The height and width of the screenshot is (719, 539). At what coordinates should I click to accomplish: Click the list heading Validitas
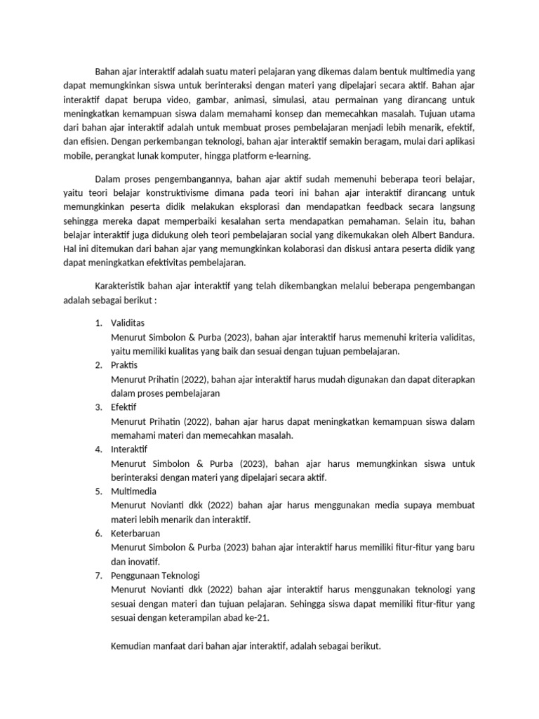tap(128, 323)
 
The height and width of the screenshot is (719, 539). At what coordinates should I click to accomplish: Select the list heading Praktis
tap(124, 365)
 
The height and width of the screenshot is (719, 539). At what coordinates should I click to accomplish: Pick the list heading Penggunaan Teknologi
tap(156, 576)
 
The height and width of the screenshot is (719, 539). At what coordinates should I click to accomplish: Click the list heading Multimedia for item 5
tap(133, 492)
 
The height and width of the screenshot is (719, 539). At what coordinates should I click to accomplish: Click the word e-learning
tap(289, 155)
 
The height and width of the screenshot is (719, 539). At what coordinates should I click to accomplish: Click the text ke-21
tap(256, 618)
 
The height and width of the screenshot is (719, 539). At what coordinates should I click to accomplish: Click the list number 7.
tap(98, 576)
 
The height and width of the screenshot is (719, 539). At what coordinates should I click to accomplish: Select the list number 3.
tap(98, 407)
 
